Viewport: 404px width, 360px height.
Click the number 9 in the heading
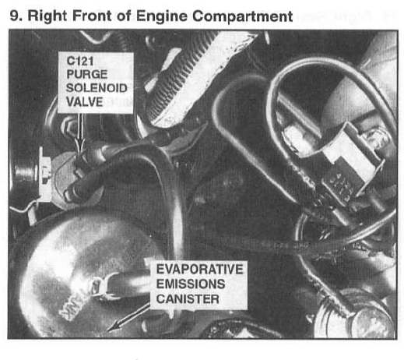point(14,16)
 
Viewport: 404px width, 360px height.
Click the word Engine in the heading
point(161,16)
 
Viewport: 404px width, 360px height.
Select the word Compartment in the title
point(243,16)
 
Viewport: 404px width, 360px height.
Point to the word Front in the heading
point(92,16)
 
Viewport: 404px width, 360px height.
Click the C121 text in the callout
point(80,62)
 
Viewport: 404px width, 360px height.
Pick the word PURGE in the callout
point(87,75)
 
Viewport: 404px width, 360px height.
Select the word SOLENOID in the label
point(97,88)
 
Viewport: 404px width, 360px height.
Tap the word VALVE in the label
point(85,102)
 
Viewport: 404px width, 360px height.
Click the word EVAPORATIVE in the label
point(199,269)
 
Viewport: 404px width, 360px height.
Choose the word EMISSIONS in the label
point(191,284)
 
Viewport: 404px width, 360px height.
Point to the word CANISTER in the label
point(188,299)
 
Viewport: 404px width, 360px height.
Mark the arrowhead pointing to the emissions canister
point(114,326)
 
